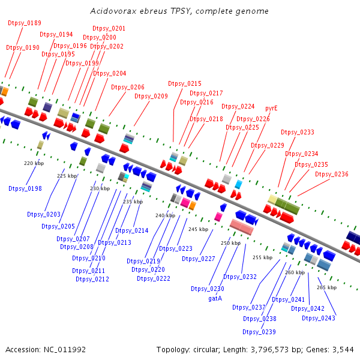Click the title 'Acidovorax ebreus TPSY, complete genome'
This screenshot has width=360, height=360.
tap(179, 11)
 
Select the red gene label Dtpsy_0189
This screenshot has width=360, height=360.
tap(25, 23)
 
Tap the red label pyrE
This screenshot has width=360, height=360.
tap(271, 109)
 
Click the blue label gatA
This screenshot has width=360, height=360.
tap(215, 298)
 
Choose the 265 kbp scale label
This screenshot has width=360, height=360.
tap(327, 287)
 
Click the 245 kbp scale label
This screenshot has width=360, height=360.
tap(197, 229)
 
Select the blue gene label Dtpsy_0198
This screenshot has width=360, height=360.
tap(25, 188)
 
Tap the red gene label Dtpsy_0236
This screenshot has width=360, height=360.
tap(331, 174)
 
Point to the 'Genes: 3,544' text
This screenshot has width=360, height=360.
tap(334, 349)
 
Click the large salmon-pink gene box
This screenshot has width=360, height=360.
tap(242, 227)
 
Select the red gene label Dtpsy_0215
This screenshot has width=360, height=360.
tap(185, 84)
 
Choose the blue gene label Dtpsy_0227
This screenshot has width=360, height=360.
tap(199, 259)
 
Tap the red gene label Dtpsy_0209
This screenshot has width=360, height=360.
tap(151, 96)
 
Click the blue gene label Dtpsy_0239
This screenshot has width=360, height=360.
tap(259, 332)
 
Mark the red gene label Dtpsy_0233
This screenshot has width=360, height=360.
tap(298, 132)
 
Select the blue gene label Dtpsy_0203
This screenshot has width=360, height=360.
tap(44, 214)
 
